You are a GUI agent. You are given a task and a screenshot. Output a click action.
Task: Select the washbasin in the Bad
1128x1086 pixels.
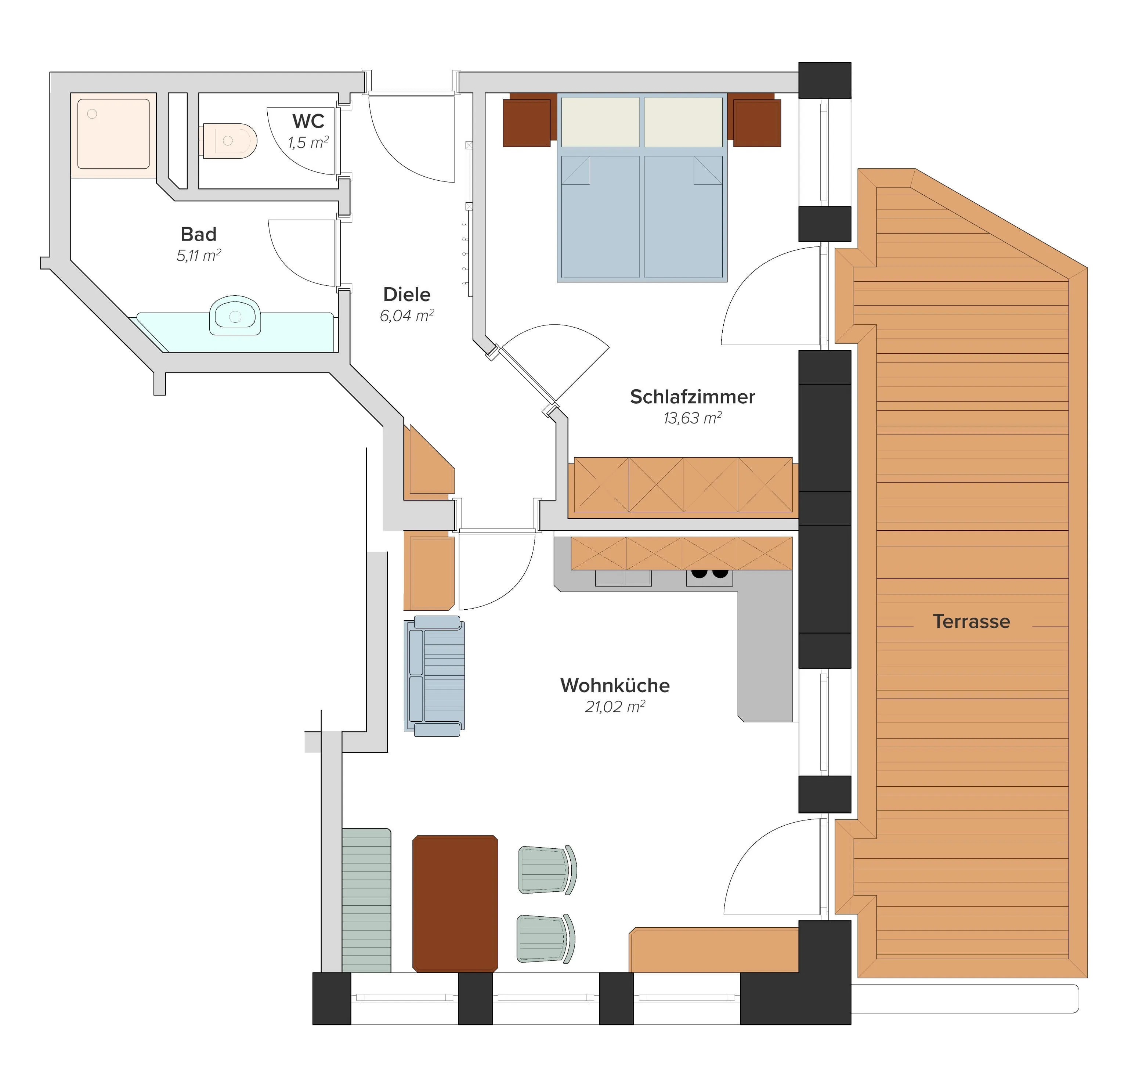click(235, 315)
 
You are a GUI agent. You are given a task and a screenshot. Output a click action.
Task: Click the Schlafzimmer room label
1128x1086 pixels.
click(693, 397)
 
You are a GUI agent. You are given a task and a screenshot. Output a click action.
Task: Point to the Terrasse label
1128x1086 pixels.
click(972, 621)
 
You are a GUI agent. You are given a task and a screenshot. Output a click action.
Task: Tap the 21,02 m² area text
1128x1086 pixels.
click(615, 706)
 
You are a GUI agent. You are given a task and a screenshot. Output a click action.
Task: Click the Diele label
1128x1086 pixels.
click(407, 295)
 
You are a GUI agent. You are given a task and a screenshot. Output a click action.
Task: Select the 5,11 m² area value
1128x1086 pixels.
click(199, 255)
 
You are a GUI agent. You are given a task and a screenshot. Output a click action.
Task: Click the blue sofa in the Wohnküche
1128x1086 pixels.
click(434, 676)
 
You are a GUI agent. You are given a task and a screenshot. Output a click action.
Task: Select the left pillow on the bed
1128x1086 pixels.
click(600, 122)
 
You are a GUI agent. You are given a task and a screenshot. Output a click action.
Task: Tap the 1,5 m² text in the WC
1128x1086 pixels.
click(308, 142)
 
